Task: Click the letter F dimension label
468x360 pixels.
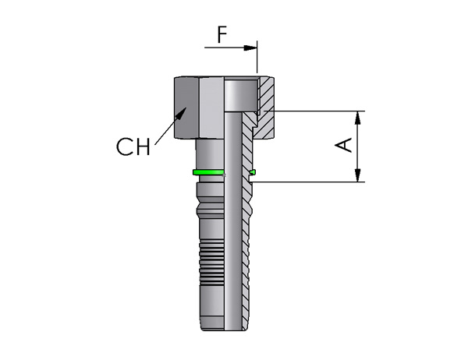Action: point(222,34)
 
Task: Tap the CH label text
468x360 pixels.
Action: point(133,146)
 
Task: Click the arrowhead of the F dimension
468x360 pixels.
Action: point(250,48)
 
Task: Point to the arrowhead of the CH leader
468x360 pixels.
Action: point(181,113)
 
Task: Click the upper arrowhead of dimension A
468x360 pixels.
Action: point(358,118)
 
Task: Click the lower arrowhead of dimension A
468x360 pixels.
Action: point(358,175)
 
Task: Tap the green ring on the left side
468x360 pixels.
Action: point(208,172)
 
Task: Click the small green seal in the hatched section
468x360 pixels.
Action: point(253,171)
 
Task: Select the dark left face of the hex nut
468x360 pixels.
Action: point(186,108)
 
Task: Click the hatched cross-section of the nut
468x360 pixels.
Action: point(264,108)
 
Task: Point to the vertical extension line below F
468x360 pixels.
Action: point(257,57)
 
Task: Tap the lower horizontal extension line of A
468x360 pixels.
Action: point(308,182)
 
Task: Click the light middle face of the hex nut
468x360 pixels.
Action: point(211,108)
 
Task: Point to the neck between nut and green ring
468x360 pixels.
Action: point(210,154)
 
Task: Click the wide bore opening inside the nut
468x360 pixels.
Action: point(241,94)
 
